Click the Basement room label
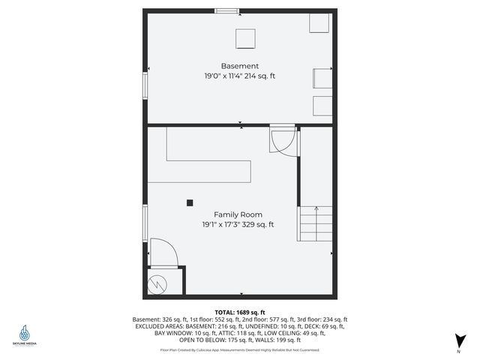240,66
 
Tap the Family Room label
238,214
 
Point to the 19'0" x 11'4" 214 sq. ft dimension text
240,76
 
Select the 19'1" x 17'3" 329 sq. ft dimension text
238,223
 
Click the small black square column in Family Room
191,202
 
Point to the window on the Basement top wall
227,10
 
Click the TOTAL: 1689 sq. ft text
240,312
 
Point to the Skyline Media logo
27,334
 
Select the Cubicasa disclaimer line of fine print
240,349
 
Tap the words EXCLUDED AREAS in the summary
162,327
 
